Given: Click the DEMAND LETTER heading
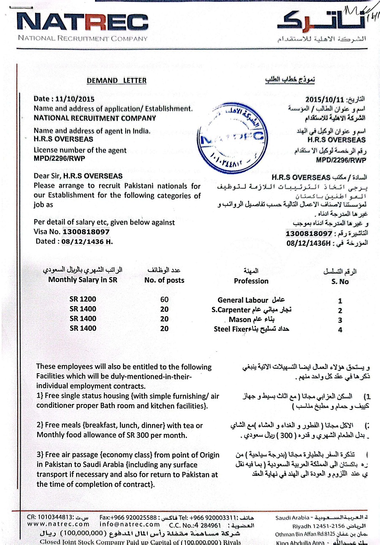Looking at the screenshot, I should click(x=117, y=81).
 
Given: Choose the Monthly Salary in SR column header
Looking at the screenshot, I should click(x=82, y=279).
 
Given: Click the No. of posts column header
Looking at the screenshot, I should click(x=164, y=280).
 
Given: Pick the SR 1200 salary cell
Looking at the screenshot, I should click(x=83, y=299).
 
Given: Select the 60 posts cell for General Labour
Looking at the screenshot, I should click(x=164, y=299).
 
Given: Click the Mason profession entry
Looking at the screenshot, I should click(x=240, y=320).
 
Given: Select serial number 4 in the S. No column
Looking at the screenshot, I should click(x=339, y=330).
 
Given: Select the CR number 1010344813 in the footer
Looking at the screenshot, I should click(x=45, y=517).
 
